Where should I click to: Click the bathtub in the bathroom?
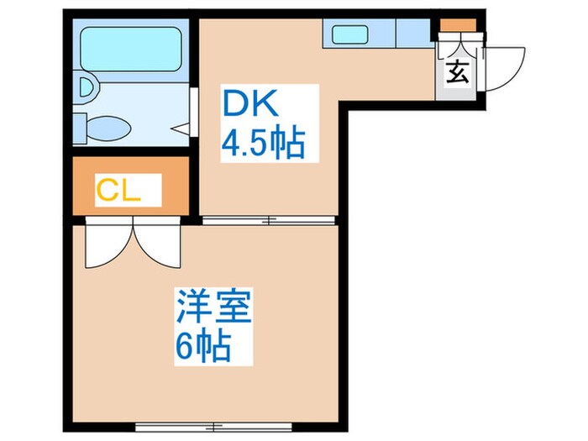(132, 48)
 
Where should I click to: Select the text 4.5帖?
(261, 144)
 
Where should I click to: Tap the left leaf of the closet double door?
(106, 244)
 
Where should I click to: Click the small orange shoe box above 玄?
(456, 25)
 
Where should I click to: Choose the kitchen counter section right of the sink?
(412, 34)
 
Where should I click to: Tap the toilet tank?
(80, 129)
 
